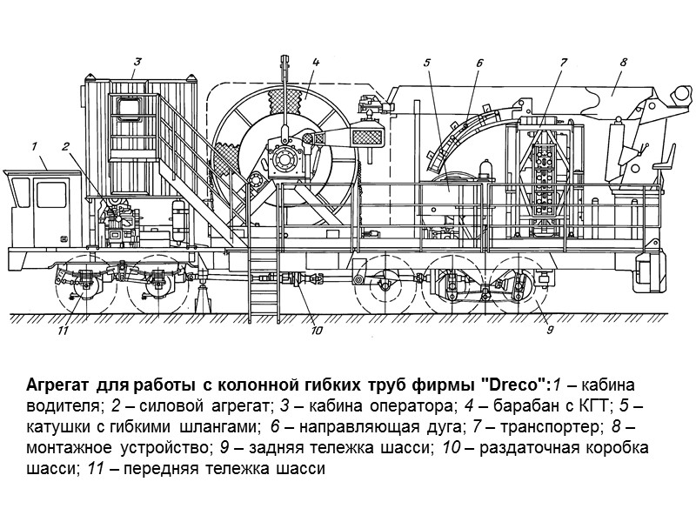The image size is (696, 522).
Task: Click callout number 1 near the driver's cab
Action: [33, 145]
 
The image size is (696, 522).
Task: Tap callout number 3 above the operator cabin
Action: [137, 62]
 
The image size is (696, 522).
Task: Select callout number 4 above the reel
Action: [316, 62]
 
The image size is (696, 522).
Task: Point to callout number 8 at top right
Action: [623, 62]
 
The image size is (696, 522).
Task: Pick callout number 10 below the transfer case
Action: [316, 330]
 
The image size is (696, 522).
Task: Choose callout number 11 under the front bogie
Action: [63, 330]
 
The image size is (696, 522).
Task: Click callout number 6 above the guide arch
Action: [478, 62]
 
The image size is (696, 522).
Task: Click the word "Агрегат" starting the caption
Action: [57, 385]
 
